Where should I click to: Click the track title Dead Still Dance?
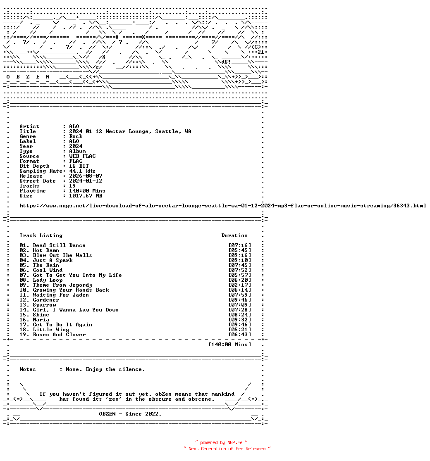click(x=59, y=245)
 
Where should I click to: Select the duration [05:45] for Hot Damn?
click(x=240, y=250)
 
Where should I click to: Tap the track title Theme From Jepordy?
click(x=63, y=285)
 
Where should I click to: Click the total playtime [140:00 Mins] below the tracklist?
click(x=230, y=344)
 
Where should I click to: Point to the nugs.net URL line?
click(x=223, y=206)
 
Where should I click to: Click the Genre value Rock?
click(x=76, y=136)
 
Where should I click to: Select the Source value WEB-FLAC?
click(x=82, y=156)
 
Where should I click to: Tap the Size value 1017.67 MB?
click(x=86, y=196)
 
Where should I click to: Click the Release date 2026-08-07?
click(x=86, y=176)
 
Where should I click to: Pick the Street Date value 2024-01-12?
click(x=86, y=181)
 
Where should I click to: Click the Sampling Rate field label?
click(x=41, y=171)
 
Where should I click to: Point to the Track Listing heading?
click(x=41, y=235)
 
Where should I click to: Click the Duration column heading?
click(x=234, y=235)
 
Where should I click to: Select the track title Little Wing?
click(x=51, y=330)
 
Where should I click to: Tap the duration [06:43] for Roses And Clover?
click(x=240, y=335)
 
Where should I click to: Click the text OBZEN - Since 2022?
click(x=130, y=413)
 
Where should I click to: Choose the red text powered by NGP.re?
click(x=221, y=442)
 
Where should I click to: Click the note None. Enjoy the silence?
click(x=105, y=369)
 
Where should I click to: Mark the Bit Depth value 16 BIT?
click(x=79, y=166)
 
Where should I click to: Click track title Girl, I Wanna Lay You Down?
click(x=76, y=310)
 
